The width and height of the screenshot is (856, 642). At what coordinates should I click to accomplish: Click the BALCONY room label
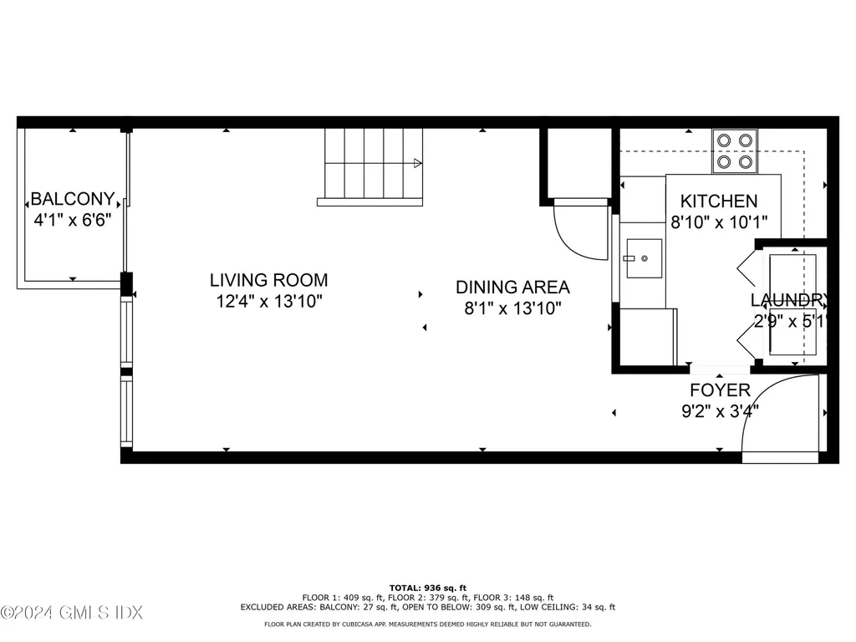(72, 199)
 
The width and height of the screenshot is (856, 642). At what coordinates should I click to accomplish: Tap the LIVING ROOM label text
(268, 281)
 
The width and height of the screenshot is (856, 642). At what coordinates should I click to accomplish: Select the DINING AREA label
(512, 288)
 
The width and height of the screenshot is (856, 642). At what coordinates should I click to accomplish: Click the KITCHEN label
(719, 201)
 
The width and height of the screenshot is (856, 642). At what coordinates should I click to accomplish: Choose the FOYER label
(720, 390)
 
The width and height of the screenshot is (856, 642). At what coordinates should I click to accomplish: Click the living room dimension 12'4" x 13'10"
(268, 302)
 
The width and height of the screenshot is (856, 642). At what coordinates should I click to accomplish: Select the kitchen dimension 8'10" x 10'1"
(719, 223)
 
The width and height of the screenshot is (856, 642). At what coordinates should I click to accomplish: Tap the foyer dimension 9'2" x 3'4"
(720, 411)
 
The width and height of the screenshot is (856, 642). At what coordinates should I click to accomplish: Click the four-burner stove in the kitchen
(735, 151)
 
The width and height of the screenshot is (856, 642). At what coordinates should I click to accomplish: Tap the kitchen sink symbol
(642, 259)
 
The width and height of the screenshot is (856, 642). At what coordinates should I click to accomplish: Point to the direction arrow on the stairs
(417, 164)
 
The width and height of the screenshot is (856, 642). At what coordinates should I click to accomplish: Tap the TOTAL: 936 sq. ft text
(427, 588)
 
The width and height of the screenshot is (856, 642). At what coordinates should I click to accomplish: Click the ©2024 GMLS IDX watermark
(72, 613)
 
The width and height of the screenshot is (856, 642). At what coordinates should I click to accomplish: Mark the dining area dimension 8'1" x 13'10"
(512, 308)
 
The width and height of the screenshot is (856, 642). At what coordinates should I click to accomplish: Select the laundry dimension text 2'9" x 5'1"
(789, 321)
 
